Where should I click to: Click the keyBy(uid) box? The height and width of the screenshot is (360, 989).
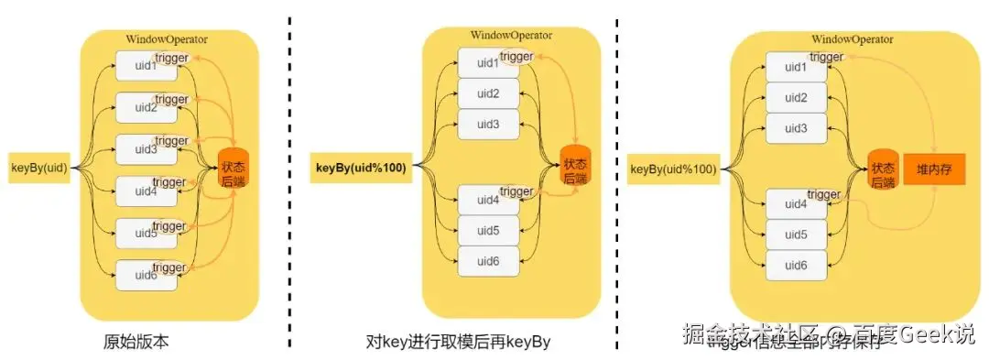pos(39,168)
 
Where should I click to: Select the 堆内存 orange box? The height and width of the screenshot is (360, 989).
pos(934,169)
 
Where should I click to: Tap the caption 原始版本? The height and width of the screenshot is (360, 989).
pos(136,343)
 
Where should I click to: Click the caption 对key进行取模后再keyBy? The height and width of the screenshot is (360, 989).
pos(457,343)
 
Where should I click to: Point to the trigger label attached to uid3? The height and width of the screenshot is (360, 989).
pos(171,140)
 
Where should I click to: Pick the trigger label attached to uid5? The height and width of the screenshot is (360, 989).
pos(169,225)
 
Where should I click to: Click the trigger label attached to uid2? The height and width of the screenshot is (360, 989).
pos(171,99)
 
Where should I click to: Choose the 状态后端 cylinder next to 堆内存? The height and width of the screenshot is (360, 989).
pos(883,169)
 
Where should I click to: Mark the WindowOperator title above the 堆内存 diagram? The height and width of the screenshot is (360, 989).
pos(852,40)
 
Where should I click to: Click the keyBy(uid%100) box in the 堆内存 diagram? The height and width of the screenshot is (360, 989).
pos(673,169)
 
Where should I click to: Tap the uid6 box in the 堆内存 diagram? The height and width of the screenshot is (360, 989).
pos(797,265)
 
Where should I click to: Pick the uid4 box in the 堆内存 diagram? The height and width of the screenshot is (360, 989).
pos(795,203)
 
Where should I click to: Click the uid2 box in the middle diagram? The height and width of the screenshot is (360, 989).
pos(488,93)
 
